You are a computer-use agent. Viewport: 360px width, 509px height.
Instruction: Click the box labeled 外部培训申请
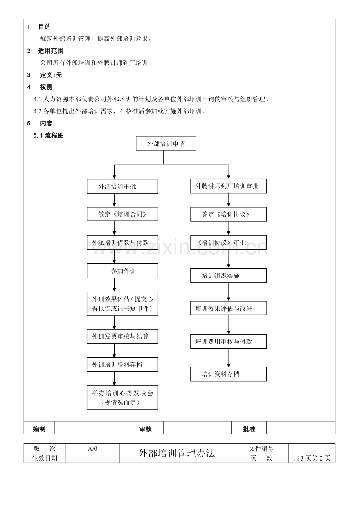[166, 143]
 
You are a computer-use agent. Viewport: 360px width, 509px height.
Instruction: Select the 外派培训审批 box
[122, 186]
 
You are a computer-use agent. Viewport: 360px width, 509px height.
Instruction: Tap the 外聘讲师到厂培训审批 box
[229, 186]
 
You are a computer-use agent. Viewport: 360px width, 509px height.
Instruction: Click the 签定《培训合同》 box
[122, 214]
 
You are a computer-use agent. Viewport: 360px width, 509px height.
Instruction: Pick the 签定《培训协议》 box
[229, 214]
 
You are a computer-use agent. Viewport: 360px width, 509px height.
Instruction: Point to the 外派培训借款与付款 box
[122, 242]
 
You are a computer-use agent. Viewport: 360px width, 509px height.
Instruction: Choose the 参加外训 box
[122, 271]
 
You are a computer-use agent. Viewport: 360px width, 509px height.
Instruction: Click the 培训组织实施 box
[229, 276]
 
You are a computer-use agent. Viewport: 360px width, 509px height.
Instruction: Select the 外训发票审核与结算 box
[122, 336]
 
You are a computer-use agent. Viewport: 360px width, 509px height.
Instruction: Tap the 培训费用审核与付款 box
[229, 341]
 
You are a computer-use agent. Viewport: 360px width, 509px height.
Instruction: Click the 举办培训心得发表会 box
[122, 397]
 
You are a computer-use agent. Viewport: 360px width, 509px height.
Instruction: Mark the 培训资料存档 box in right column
[229, 374]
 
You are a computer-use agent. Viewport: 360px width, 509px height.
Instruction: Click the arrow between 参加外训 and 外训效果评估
[114, 285]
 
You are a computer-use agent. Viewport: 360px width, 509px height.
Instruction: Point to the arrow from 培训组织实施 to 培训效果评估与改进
[229, 292]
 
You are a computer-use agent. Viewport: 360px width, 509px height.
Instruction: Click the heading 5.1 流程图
[49, 136]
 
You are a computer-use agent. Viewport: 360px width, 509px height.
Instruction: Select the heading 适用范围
[50, 51]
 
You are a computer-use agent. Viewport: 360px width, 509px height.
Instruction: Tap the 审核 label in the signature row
[145, 429]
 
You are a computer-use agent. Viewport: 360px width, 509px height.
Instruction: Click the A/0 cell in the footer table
[92, 449]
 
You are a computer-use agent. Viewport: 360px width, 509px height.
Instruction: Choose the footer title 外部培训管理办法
[177, 453]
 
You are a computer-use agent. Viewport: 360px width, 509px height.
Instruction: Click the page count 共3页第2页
[311, 458]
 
